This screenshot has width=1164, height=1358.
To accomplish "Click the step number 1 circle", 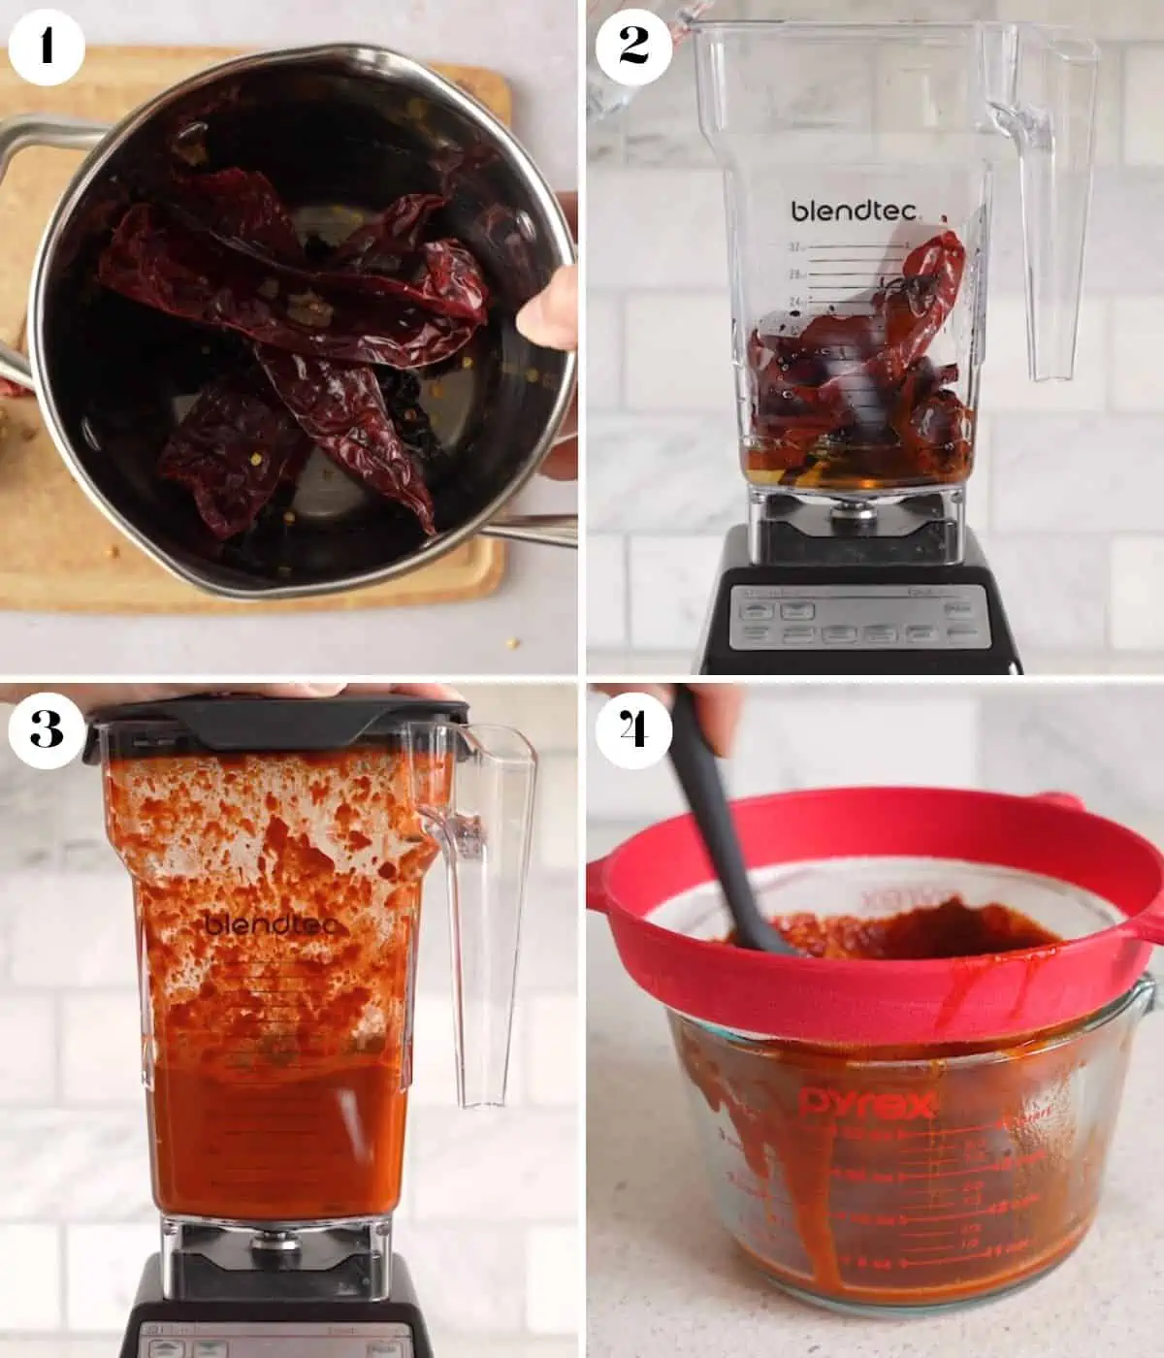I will coord(47,47).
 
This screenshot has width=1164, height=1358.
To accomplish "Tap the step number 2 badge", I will coord(632,47).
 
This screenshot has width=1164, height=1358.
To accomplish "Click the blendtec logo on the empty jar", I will coord(854,210).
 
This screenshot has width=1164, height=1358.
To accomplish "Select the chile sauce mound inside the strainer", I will coord(912,921).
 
